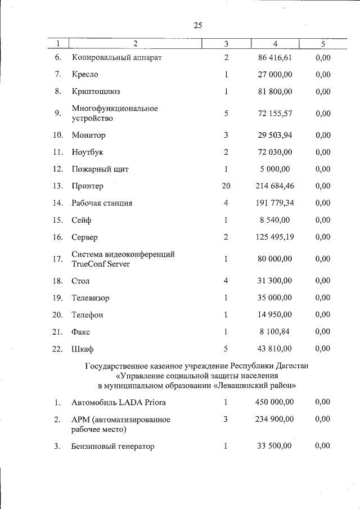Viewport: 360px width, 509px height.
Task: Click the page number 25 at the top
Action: [x=197, y=25]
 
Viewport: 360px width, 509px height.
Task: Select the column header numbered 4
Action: [x=275, y=43]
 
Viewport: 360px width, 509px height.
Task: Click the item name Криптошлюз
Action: [x=96, y=91]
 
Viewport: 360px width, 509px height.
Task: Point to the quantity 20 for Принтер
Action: [x=226, y=186]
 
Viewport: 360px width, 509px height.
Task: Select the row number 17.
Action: [x=57, y=259]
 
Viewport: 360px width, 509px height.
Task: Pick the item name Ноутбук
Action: [x=88, y=152]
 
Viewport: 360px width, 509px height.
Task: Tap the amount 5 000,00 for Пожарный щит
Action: [x=275, y=169]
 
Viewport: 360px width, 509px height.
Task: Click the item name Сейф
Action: [x=82, y=220]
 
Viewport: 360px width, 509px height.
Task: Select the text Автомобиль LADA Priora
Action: [x=119, y=403]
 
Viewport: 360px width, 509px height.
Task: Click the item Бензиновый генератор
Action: [x=113, y=447]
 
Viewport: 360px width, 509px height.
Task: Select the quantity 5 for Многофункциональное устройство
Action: [x=226, y=113]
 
